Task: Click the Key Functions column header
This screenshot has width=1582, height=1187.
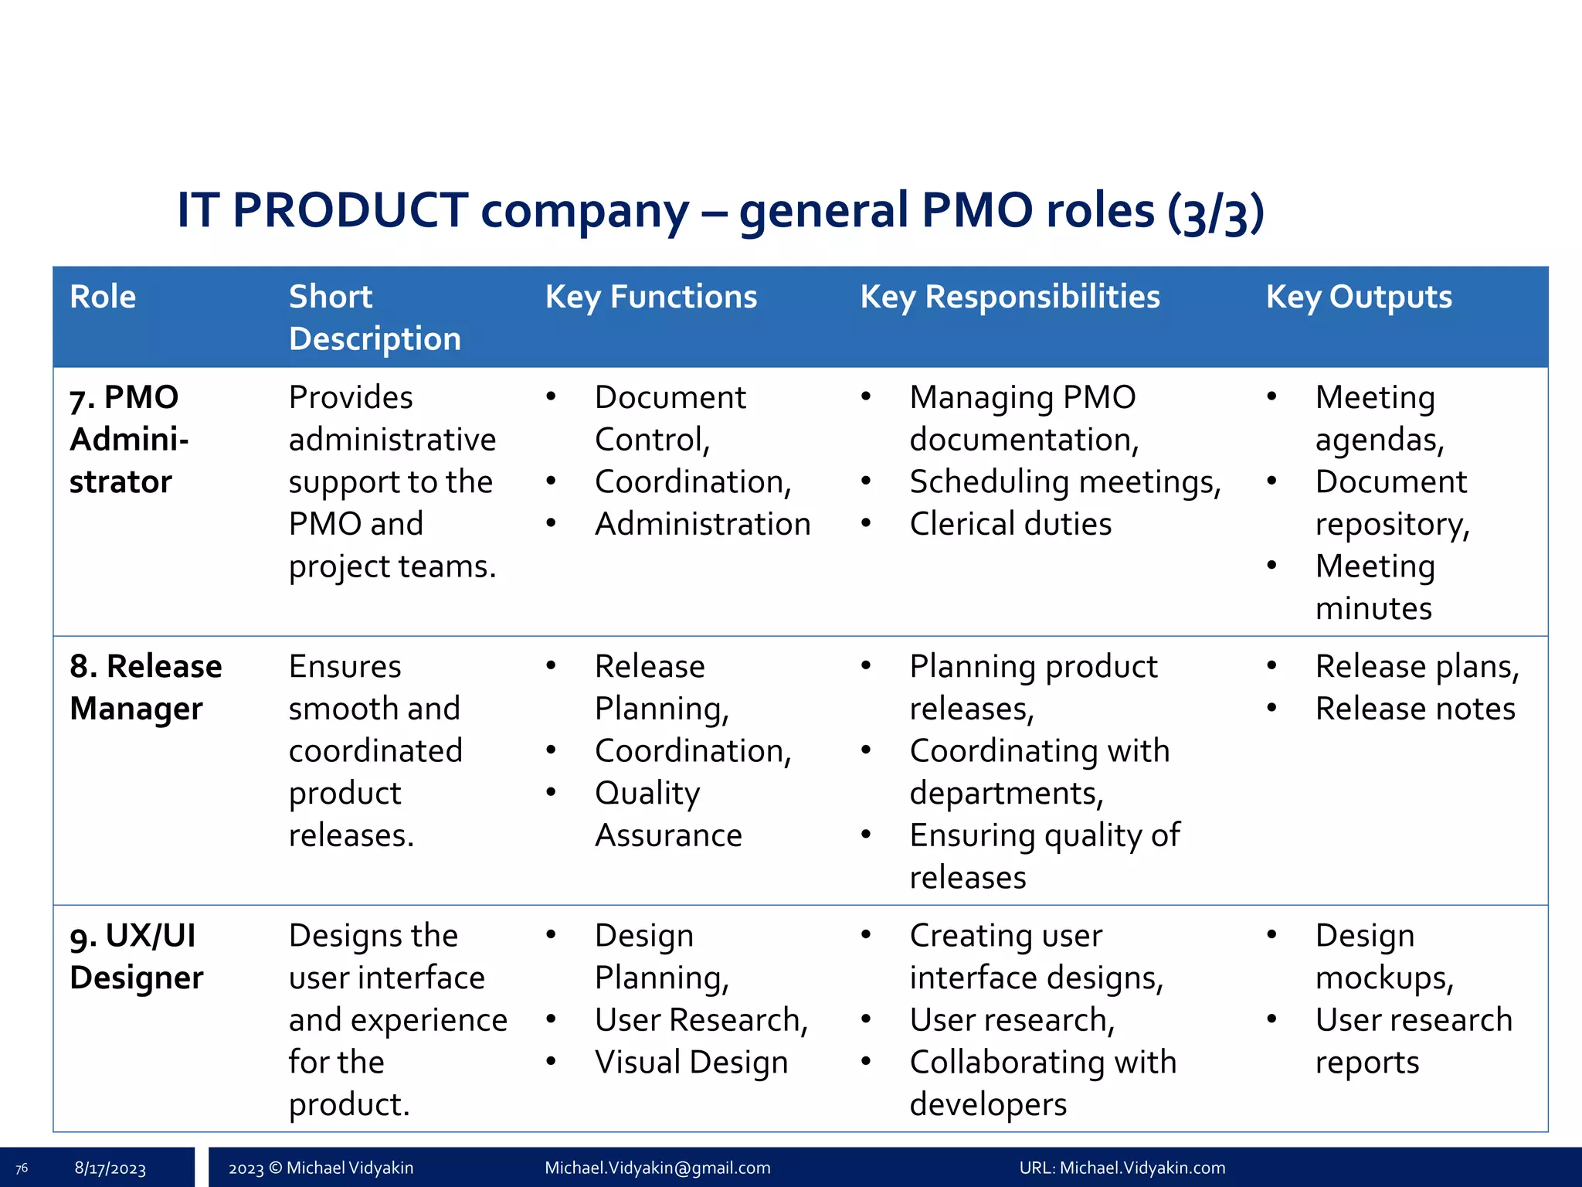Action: pyautogui.click(x=651, y=297)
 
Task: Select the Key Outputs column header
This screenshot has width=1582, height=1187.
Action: pyautogui.click(x=1359, y=297)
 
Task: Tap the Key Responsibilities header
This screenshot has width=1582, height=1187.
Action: pyautogui.click(x=1010, y=297)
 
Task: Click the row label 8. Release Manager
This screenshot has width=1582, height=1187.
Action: pyautogui.click(x=145, y=687)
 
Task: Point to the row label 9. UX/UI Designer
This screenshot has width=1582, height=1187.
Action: pyautogui.click(x=136, y=956)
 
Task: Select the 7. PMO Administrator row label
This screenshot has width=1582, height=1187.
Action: pyautogui.click(x=128, y=439)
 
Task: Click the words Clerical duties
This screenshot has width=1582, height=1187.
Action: pyautogui.click(x=1010, y=524)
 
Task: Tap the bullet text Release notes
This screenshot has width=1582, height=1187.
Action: pyautogui.click(x=1414, y=709)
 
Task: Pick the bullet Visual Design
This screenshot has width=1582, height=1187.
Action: pyautogui.click(x=691, y=1062)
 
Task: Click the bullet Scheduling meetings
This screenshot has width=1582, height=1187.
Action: pyautogui.click(x=1064, y=481)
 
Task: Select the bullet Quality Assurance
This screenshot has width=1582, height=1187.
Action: pyautogui.click(x=668, y=814)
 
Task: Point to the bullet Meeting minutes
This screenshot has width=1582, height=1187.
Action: pyautogui.click(x=1374, y=587)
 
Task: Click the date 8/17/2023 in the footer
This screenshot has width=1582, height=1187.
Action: pyautogui.click(x=110, y=1168)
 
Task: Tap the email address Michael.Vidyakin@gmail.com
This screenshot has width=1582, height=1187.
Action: pyautogui.click(x=657, y=1168)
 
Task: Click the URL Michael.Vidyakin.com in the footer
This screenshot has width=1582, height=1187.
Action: pyautogui.click(x=1142, y=1168)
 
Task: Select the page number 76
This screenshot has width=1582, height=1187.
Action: pyautogui.click(x=22, y=1168)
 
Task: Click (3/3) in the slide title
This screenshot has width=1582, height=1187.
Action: pyautogui.click(x=1215, y=212)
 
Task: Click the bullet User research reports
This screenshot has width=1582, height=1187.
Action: pyautogui.click(x=1413, y=1040)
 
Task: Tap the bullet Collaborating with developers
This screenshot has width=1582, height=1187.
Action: pyautogui.click(x=1042, y=1083)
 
